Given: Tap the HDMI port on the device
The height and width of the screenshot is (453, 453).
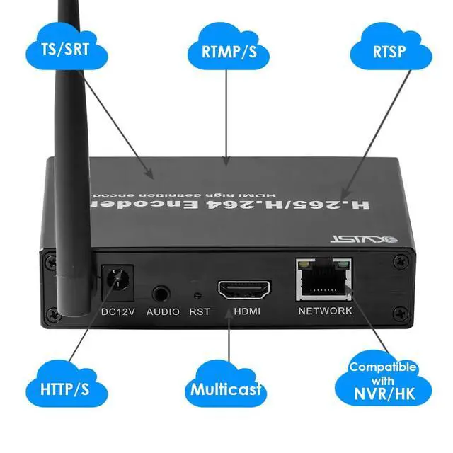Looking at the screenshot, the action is pos(243,289).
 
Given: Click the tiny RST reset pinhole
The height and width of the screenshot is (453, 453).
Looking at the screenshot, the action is pos(198,292).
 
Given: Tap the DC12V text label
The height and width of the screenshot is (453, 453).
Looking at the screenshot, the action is pos(116,311).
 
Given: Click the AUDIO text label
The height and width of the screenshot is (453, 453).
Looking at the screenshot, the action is pos(163,311).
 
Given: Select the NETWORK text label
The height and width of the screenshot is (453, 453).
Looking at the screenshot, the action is pos(325,311).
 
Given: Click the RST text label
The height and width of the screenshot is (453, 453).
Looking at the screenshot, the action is pos(200,311).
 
